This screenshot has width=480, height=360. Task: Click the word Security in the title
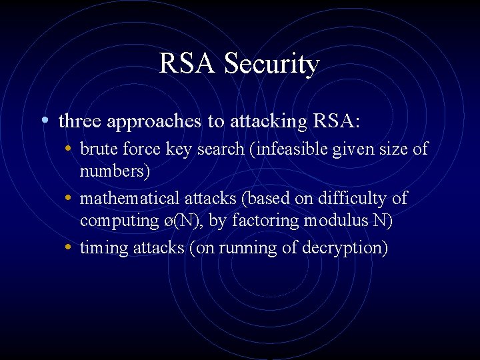[x=271, y=64]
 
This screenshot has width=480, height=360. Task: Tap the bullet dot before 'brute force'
[x=70, y=148]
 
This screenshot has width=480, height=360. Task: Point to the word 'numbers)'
[x=115, y=171]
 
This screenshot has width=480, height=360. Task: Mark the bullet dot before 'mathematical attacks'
[x=70, y=198]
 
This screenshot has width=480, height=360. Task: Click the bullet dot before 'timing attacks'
[x=70, y=247]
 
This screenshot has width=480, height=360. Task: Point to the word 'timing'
[x=101, y=248]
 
